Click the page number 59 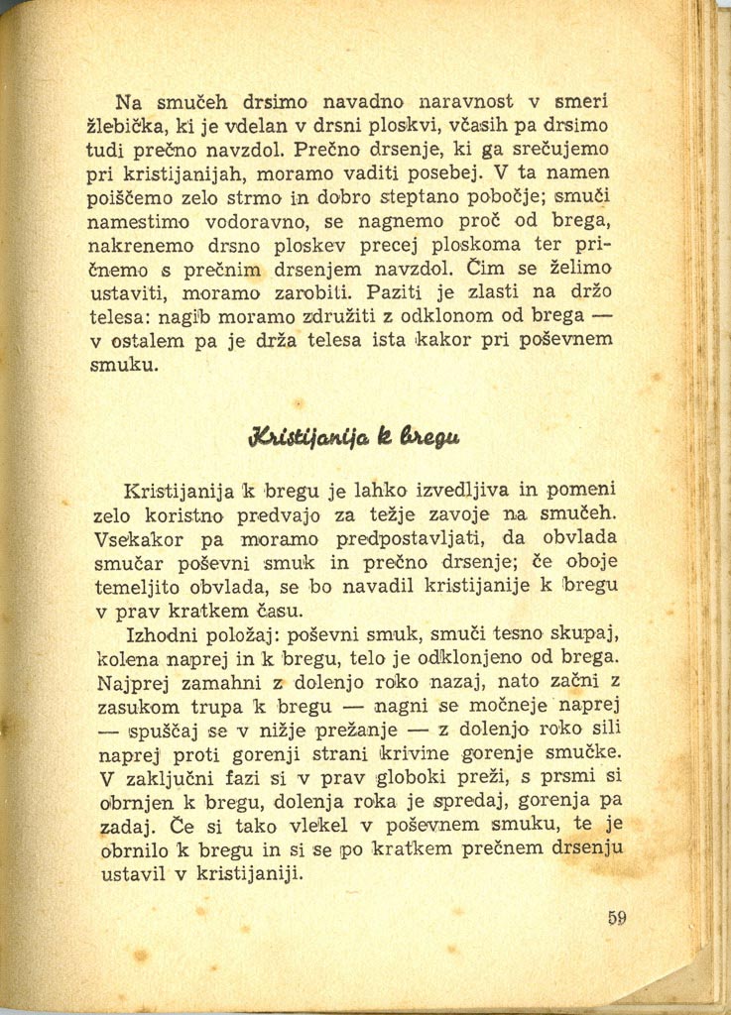(x=617, y=917)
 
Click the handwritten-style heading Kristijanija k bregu (x=356, y=437)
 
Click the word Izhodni (x=164, y=634)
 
